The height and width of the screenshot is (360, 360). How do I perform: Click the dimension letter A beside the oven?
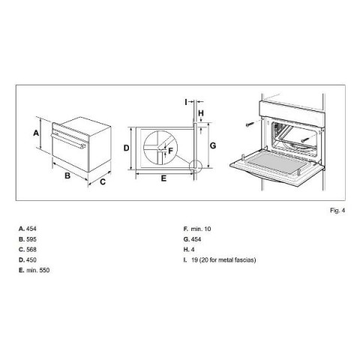tap(36, 133)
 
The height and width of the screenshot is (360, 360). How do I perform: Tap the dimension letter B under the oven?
tap(67, 175)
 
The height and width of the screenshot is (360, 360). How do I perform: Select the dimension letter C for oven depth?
tap(103, 181)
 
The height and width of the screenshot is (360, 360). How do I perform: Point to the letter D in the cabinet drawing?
tap(127, 148)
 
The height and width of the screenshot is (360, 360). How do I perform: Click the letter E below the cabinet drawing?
tap(163, 178)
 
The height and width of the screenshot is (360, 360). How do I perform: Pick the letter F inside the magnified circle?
tap(170, 151)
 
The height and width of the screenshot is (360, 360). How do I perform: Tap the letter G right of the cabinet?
tap(213, 145)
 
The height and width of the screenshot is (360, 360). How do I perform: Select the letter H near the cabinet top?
tap(201, 113)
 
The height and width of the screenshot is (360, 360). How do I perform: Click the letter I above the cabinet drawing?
tap(186, 102)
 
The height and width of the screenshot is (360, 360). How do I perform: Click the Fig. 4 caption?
tap(337, 211)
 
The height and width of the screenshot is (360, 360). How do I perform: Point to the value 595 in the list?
tap(31, 239)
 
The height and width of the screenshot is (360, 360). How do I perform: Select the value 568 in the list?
tap(31, 250)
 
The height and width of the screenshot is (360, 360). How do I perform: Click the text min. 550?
tap(38, 270)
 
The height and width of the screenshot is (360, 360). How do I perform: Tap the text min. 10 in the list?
tap(201, 229)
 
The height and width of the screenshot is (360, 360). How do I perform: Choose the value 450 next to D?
tap(31, 260)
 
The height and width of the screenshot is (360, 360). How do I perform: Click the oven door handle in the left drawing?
tap(68, 141)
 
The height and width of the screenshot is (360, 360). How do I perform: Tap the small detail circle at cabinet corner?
tap(195, 166)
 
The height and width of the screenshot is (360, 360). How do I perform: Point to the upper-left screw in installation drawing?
tap(250, 124)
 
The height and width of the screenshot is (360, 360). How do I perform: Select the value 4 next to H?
tap(193, 250)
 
